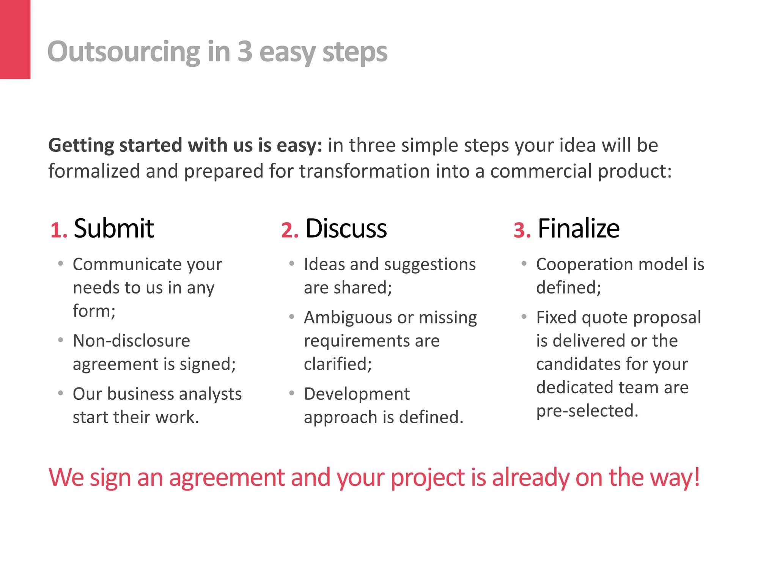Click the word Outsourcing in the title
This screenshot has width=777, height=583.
(x=124, y=52)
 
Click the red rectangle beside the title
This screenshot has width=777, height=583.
(x=15, y=39)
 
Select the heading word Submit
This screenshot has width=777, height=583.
(x=114, y=228)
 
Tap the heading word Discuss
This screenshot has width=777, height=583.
(x=346, y=228)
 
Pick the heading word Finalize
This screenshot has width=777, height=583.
(x=579, y=228)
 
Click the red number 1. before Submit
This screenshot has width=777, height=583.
(x=59, y=230)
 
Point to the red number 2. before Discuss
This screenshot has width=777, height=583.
(x=290, y=230)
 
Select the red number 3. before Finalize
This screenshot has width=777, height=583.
(x=522, y=230)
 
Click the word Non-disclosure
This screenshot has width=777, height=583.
(x=131, y=341)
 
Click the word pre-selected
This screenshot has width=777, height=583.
(x=587, y=411)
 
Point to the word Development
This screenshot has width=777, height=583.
(x=357, y=394)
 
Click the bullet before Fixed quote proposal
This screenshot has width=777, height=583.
(x=524, y=317)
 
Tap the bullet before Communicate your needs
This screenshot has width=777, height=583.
(x=61, y=263)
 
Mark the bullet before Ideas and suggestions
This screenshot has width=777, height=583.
(x=292, y=263)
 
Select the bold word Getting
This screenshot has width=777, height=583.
(x=81, y=146)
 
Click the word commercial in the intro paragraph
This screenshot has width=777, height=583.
(x=541, y=171)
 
